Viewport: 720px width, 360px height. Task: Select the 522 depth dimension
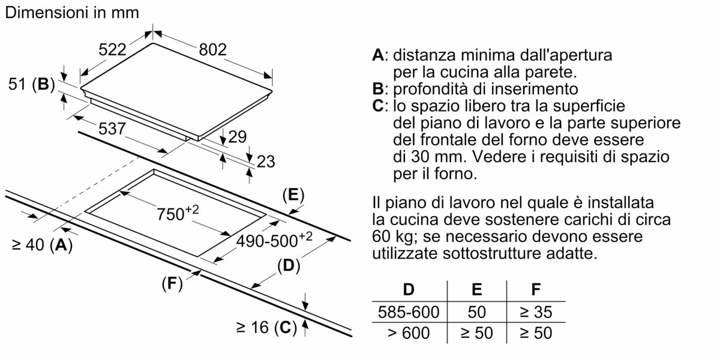pos(112,51)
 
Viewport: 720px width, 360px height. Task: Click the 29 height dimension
pos(238,137)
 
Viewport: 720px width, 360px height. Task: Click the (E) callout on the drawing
pos(293,194)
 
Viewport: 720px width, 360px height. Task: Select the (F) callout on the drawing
pos(172,284)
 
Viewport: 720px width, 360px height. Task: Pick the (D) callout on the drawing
pos(289,266)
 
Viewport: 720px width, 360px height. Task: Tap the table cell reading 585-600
pos(409,312)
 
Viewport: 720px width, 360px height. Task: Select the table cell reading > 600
pos(409,332)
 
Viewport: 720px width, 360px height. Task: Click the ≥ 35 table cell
pos(535,312)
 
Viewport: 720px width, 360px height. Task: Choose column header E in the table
pos(476,290)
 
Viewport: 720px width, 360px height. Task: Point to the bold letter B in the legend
pos(377,89)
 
